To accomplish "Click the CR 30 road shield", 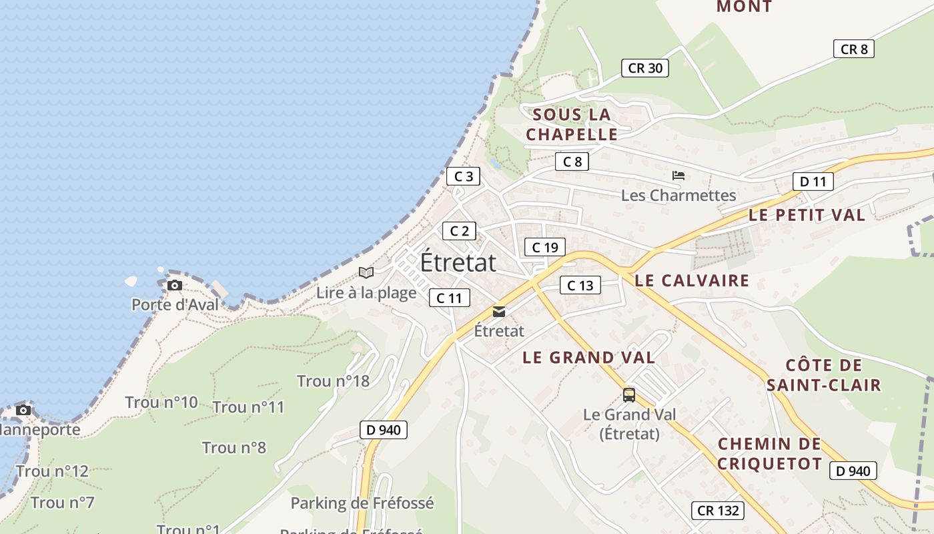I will pos(645,67).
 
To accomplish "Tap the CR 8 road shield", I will pos(853,49).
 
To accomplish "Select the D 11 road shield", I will pos(813,181).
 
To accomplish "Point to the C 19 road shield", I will pos(544,247).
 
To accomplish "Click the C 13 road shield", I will pos(580,285).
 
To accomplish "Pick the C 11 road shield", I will pos(449,298).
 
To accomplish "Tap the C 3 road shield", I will pos(463,176).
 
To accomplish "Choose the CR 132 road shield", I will pos(717,511).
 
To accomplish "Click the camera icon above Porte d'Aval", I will pos(174,286).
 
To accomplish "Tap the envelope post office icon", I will pos(498,312).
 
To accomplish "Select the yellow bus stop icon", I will pos(629,394).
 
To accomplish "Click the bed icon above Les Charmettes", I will pos(678,176).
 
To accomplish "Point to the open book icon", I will pos(366,272).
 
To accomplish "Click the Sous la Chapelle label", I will pos(572,124).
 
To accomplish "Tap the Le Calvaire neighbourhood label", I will pos(692,280).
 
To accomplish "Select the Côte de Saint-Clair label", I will pos(823,374).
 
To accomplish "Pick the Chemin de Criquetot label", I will pos(769,453).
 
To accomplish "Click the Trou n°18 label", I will pos(333,381).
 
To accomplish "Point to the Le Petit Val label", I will pos(807,215).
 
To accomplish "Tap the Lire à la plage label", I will pos(366,292).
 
